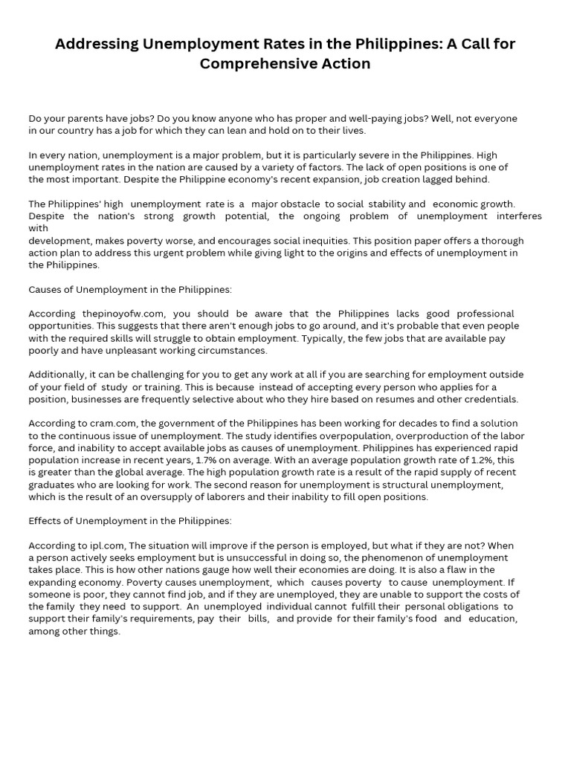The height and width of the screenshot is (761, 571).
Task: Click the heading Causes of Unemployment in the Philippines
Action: pyautogui.click(x=129, y=290)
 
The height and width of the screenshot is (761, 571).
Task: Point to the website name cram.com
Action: pyautogui.click(x=103, y=424)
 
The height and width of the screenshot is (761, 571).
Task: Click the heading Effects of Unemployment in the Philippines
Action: pyautogui.click(x=129, y=521)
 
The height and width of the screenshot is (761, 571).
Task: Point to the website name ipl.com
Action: pyautogui.click(x=100, y=545)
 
